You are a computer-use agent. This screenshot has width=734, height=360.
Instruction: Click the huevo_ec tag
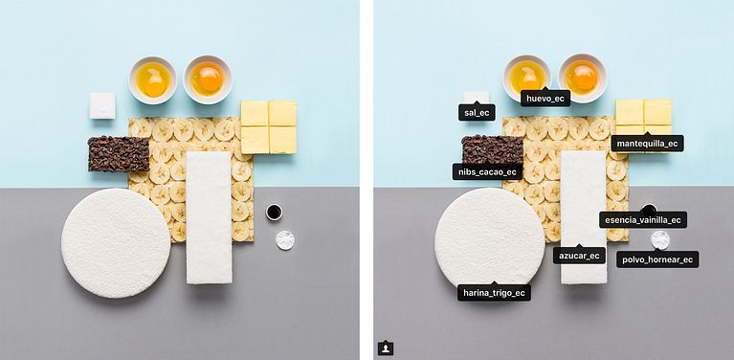click(545, 99)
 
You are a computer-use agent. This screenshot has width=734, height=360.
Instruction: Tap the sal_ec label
click(477, 112)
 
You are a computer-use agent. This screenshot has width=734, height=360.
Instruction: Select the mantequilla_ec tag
click(648, 144)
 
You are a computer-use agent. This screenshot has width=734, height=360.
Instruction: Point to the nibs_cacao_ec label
click(487, 171)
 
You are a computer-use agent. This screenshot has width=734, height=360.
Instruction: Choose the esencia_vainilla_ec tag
click(643, 219)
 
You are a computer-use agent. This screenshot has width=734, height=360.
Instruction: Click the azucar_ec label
click(579, 255)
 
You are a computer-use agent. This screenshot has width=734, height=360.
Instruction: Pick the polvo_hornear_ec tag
click(657, 259)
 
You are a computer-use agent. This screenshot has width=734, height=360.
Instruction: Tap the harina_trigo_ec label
click(494, 293)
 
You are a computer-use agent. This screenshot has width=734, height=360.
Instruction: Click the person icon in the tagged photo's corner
click(386, 349)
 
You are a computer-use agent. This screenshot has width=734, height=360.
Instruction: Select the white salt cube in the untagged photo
click(102, 106)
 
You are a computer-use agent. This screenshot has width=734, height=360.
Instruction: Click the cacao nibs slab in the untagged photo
click(119, 154)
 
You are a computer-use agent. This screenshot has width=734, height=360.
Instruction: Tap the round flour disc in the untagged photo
click(116, 242)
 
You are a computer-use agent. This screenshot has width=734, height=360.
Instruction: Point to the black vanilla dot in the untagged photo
click(274, 212)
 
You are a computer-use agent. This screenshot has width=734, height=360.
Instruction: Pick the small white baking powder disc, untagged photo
click(285, 240)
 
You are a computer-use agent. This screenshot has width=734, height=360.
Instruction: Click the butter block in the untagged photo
click(269, 127)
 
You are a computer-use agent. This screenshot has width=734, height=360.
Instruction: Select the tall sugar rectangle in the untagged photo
click(209, 217)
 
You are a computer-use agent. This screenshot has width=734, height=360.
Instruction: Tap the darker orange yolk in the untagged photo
click(207, 79)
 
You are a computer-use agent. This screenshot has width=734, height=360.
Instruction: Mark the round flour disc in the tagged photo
click(490, 238)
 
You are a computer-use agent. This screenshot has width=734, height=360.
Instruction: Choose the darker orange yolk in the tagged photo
click(582, 77)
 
